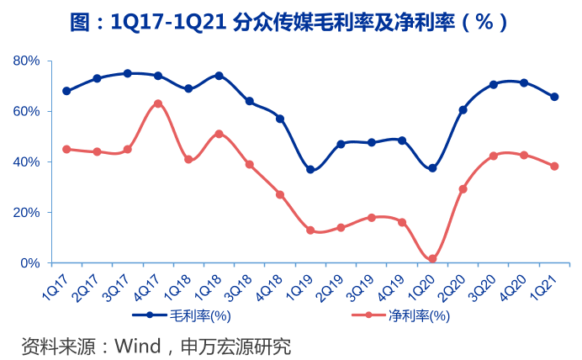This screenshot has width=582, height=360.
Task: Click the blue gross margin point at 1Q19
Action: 310,170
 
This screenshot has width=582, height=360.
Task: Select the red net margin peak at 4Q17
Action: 158,103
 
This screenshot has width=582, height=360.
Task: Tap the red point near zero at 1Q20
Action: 432,259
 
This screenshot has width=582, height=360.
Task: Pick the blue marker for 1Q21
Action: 554,97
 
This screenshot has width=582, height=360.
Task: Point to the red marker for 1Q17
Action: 66,149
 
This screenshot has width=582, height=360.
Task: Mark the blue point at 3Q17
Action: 128,73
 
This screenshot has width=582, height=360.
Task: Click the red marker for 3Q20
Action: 494,156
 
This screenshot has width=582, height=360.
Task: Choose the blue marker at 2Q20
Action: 463,109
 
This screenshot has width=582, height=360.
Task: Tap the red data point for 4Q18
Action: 280,194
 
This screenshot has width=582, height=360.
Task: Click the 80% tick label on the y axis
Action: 27,61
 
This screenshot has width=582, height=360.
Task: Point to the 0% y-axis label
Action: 30,263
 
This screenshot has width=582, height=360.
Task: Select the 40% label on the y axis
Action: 27,161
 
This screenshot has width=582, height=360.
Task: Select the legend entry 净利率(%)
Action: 418,316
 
